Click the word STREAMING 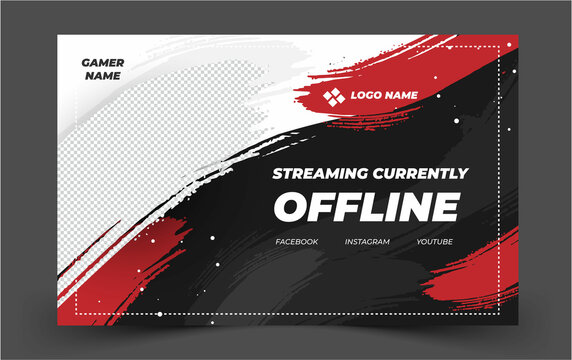click(x=322, y=173)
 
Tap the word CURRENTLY click(x=421, y=173)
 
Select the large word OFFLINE click(x=367, y=208)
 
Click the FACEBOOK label click(x=297, y=242)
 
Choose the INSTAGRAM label click(x=367, y=242)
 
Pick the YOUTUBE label click(x=435, y=242)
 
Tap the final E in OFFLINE click(x=442, y=208)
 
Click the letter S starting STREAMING click(x=278, y=173)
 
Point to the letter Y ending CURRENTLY click(x=462, y=173)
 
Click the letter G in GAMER click(x=86, y=62)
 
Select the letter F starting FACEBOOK click(x=278, y=242)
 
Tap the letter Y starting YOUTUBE click(x=420, y=242)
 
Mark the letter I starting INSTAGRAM click(x=346, y=242)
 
